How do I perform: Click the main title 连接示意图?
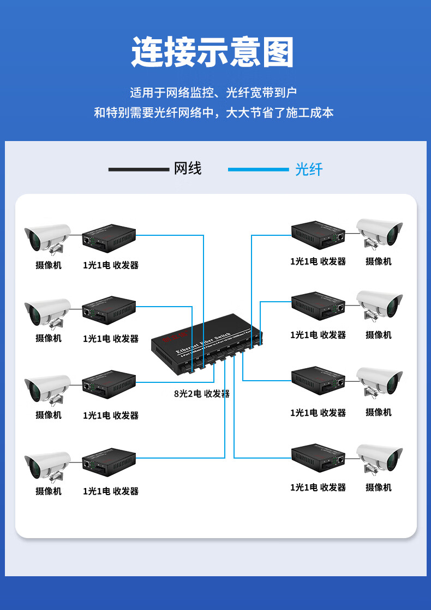point(213,53)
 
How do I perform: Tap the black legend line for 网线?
point(139,169)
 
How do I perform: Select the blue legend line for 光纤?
point(258,169)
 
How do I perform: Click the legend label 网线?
point(188,169)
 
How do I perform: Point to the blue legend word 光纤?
point(309,169)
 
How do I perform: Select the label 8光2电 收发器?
point(202,394)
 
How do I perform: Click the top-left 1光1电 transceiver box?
point(109,239)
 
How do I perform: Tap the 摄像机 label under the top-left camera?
point(49,265)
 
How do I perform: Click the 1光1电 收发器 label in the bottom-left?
point(111,491)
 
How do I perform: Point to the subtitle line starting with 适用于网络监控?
point(213,93)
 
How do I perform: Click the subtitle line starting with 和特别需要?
point(213,113)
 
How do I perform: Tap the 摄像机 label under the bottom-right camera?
point(379,487)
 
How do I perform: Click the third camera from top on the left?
point(47,389)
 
